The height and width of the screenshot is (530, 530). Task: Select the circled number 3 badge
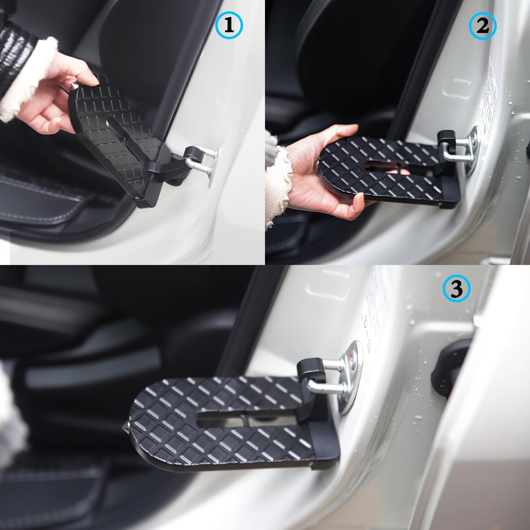(x=457, y=290)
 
